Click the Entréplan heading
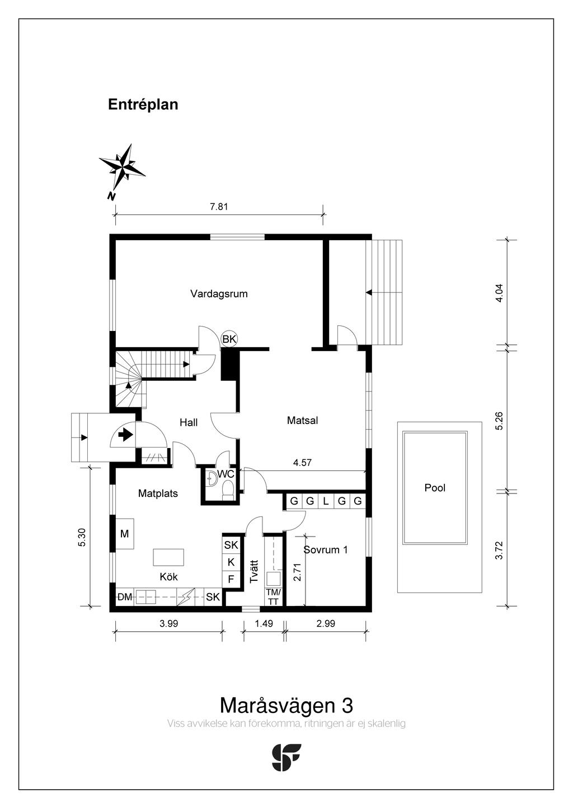(143, 105)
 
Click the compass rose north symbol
(122, 167)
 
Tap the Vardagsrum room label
(219, 293)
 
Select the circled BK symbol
(229, 339)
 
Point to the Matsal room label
(302, 420)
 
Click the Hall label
(189, 422)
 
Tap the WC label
(226, 474)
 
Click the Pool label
(435, 488)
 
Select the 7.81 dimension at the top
(219, 206)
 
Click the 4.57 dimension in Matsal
(302, 463)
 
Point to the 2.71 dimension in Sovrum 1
(298, 572)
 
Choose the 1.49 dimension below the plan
(264, 623)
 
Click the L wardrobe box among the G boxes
(326, 501)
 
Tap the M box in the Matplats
(125, 534)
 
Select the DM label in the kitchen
(124, 597)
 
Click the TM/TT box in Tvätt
(273, 597)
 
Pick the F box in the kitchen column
(231, 579)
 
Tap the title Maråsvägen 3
(286, 704)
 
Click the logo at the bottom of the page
(286, 757)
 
